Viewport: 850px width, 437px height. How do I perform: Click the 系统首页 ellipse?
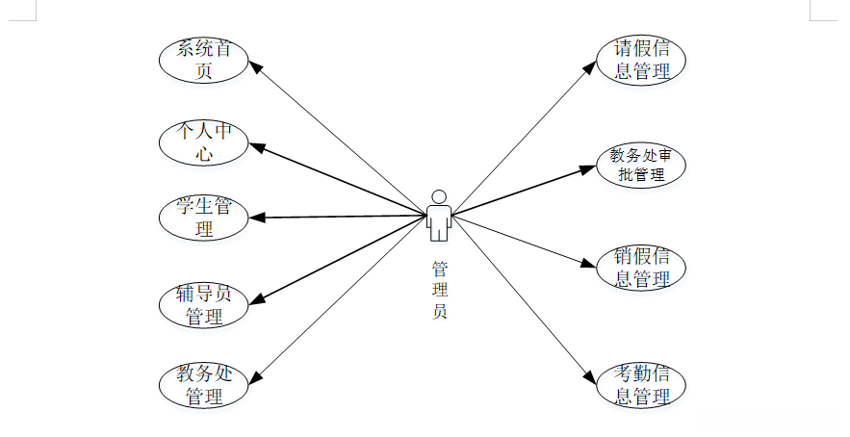click(203, 60)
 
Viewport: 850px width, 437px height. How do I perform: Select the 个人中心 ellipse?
click(203, 141)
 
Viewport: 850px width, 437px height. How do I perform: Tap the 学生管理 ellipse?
click(203, 218)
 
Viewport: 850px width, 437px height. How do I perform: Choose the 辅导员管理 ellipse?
click(203, 304)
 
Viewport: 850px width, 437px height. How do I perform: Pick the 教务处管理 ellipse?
click(203, 384)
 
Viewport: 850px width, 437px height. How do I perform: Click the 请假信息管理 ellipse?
click(641, 60)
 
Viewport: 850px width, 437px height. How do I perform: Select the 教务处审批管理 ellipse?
click(641, 165)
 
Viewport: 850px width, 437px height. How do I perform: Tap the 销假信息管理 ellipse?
click(641, 268)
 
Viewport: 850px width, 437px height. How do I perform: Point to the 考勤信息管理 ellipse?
click(641, 384)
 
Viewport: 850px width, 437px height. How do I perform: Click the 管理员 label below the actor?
click(439, 289)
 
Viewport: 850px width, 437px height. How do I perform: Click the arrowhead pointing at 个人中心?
click(257, 146)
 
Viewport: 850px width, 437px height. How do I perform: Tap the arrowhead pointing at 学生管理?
click(256, 218)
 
